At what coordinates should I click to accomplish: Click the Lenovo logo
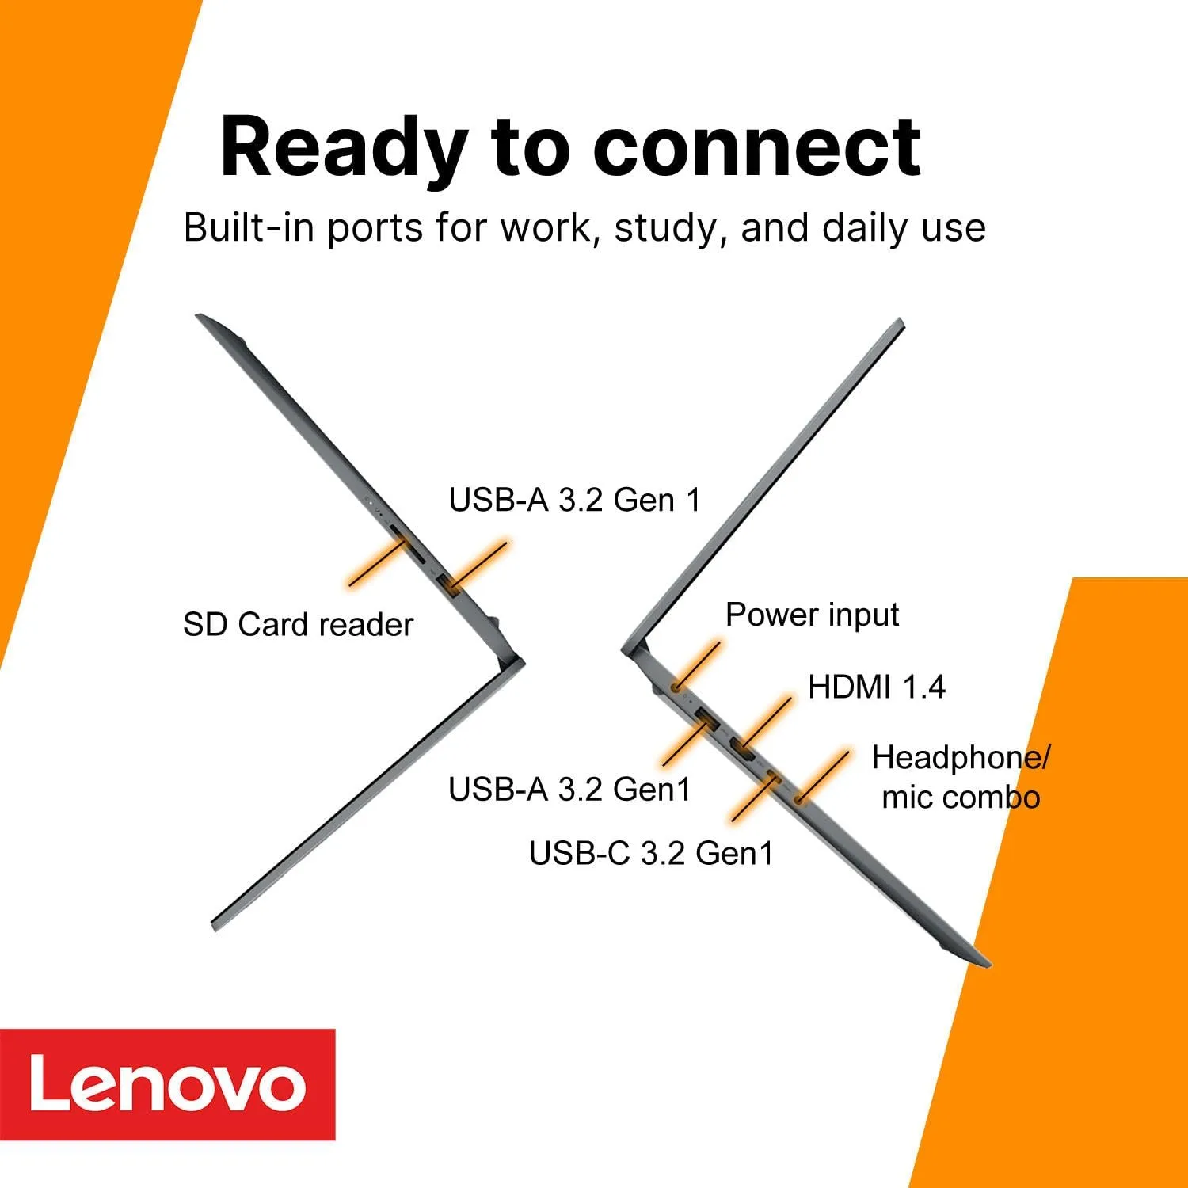[x=167, y=1084]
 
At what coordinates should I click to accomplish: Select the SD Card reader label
[x=298, y=625]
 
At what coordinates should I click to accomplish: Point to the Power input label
[x=812, y=615]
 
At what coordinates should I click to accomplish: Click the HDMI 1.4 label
[x=876, y=687]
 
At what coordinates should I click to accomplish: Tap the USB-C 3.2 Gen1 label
[x=650, y=853]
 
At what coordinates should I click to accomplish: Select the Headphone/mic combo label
[x=960, y=777]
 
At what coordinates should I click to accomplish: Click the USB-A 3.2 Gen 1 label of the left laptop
[x=574, y=500]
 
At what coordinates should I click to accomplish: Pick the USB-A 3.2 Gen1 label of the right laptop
[x=569, y=789]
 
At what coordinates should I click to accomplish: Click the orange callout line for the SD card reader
[x=375, y=563]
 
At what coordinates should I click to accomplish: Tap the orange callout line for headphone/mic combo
[x=824, y=775]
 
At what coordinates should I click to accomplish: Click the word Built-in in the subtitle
[x=249, y=228]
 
